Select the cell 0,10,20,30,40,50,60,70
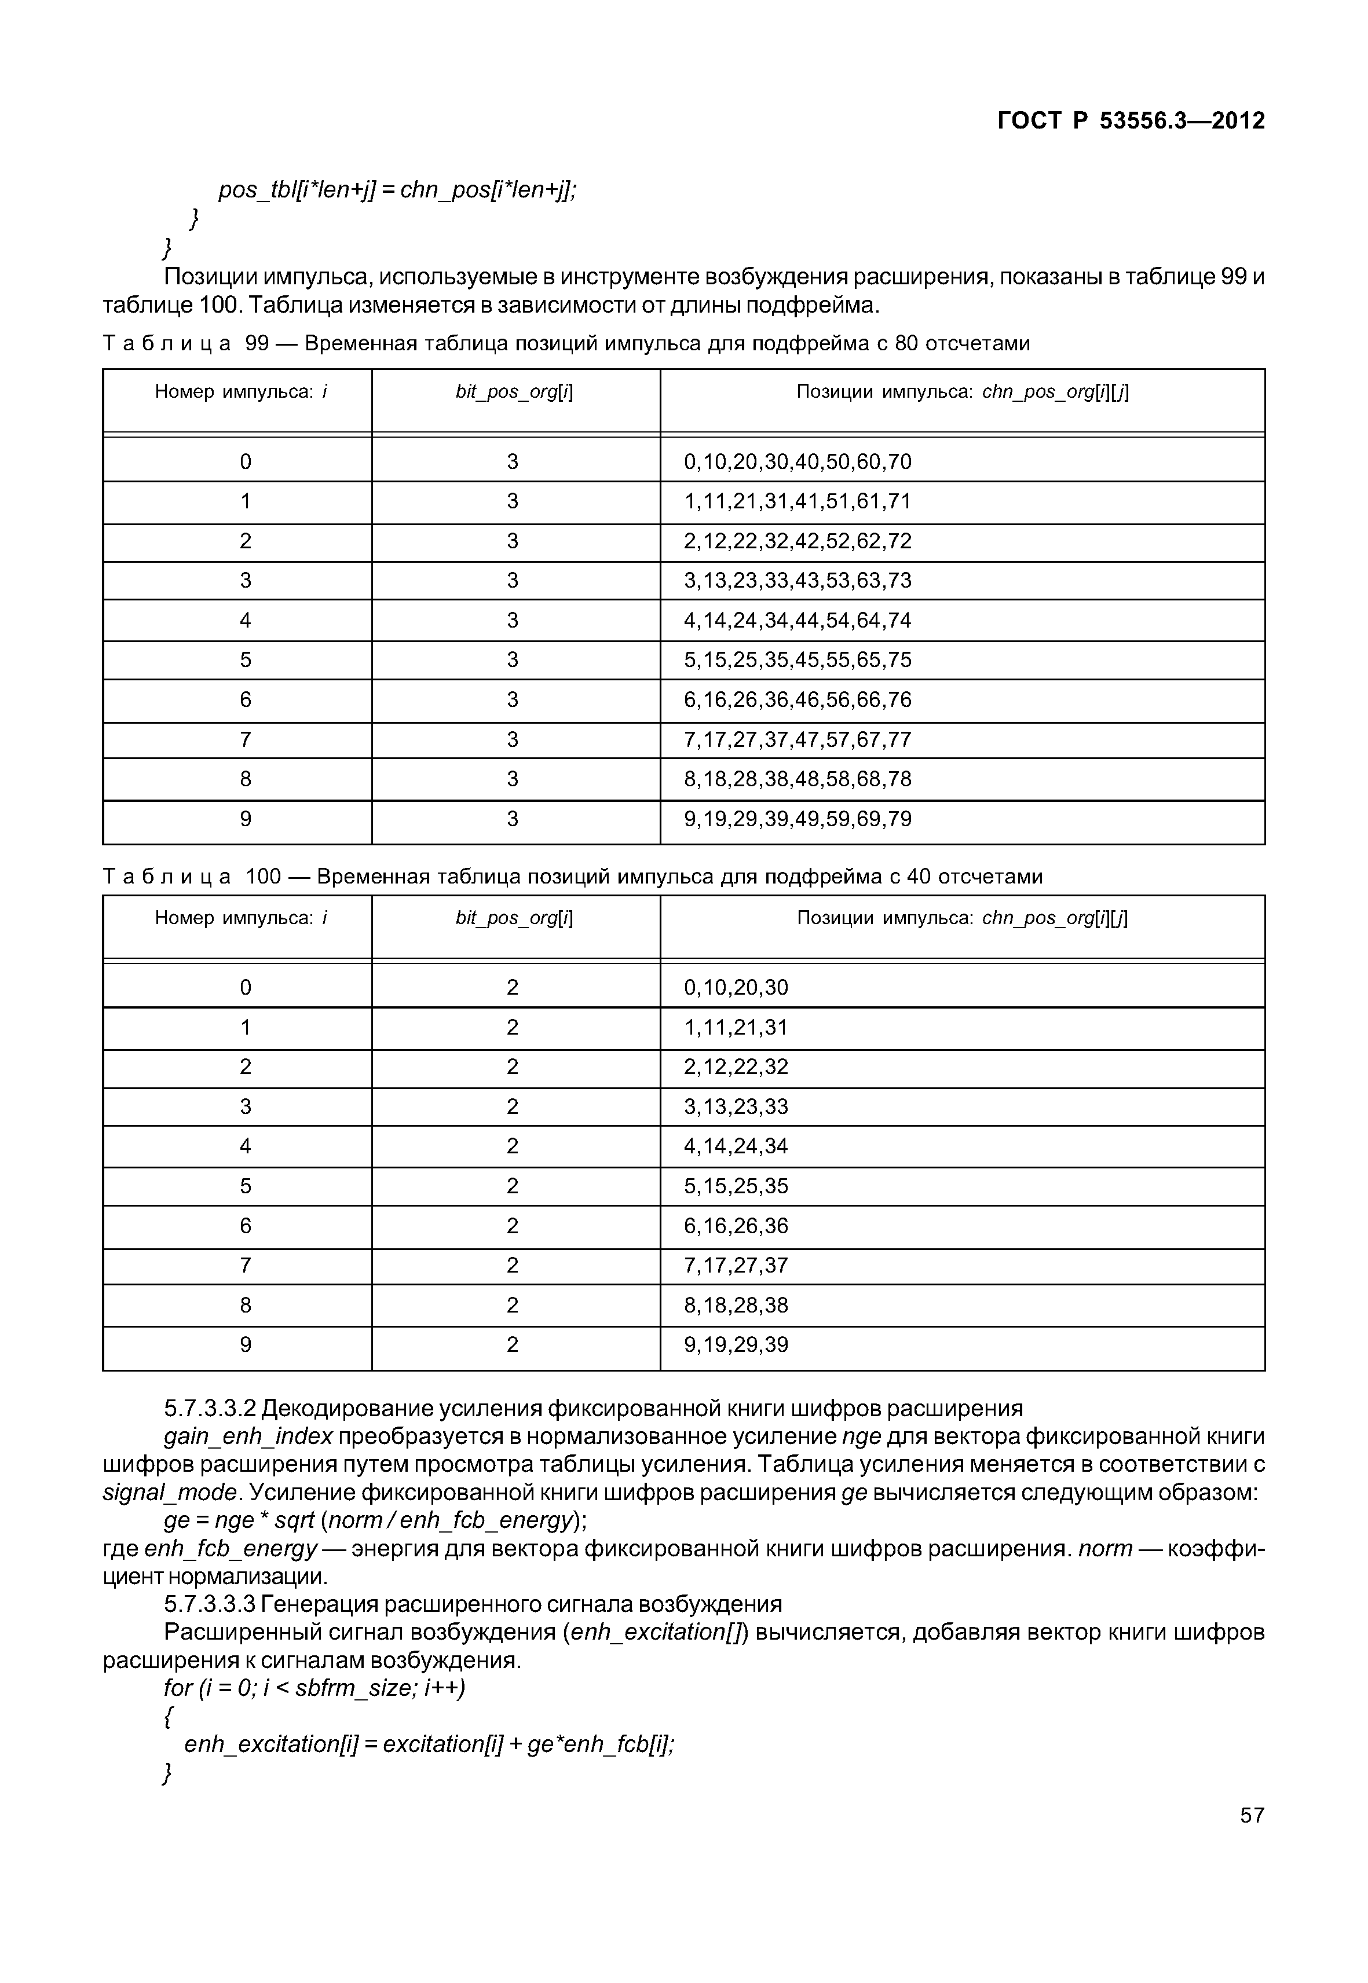click(797, 462)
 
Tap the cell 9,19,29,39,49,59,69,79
click(797, 819)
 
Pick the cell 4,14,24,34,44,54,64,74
click(797, 621)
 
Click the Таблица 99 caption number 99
click(257, 344)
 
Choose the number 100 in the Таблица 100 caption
click(263, 877)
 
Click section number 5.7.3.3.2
click(210, 1409)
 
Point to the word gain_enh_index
click(248, 1437)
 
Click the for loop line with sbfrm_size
click(314, 1688)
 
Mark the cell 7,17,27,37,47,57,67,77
click(797, 739)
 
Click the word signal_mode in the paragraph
click(169, 1493)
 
